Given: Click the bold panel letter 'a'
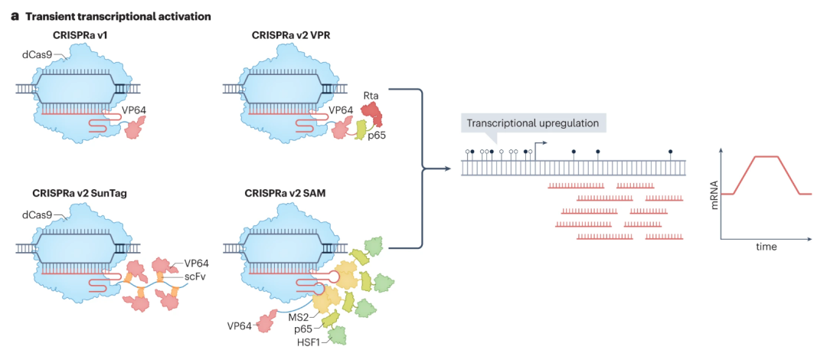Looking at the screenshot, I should (15, 16).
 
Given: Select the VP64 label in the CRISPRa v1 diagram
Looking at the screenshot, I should (135, 110).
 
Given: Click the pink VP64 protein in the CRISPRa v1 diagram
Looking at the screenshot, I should (132, 131).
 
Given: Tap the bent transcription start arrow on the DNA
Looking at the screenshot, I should (539, 145).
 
